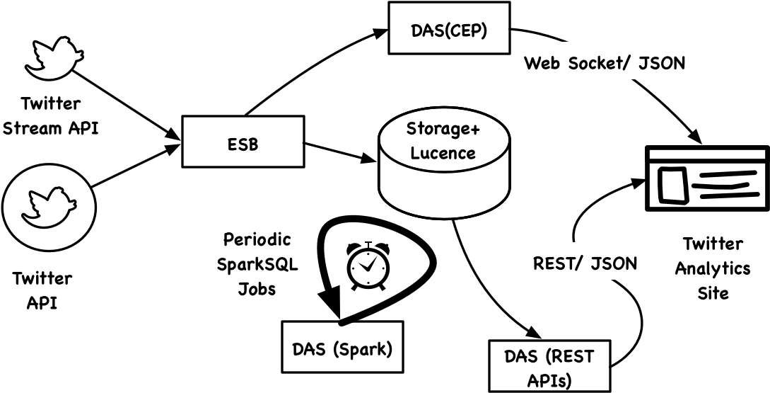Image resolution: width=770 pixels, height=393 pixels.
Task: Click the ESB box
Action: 243,141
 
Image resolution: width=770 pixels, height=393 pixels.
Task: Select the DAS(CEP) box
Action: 449,27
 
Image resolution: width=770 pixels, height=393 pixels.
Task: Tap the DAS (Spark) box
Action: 342,346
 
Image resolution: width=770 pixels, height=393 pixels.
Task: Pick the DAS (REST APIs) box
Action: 549,366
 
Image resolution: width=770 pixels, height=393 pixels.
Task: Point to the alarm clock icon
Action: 368,266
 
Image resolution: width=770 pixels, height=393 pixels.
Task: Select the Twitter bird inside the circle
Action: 47,207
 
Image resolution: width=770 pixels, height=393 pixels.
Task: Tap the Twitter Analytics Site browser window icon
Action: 707,178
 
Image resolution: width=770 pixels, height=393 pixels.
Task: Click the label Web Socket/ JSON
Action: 604,64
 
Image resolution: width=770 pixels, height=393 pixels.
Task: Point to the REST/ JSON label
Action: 585,263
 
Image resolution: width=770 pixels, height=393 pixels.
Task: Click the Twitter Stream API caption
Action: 51,116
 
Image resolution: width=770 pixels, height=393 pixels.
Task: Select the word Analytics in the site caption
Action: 713,268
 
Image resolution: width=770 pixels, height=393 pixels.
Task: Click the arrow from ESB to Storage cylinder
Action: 339,152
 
